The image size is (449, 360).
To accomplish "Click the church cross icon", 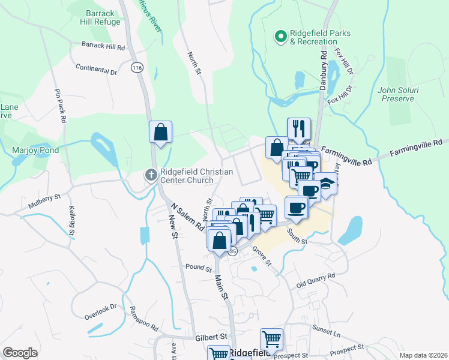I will pos(151,175).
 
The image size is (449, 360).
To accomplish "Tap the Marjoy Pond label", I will pos(35,149).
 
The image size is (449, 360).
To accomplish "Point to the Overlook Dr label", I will pos(100,310).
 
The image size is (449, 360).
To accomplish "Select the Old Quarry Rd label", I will pos(315,279).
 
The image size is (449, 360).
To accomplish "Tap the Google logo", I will pos(20,353).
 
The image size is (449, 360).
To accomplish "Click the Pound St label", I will pos(199,267).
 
